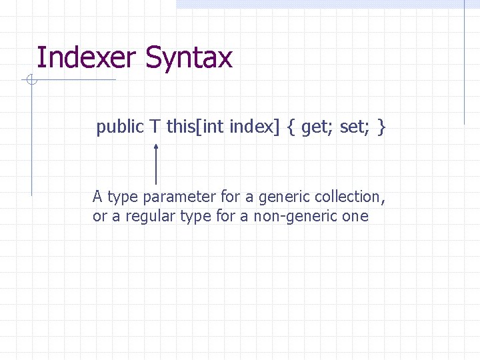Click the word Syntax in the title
(188, 59)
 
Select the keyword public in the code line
(120, 127)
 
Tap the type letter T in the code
(155, 127)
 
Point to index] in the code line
(255, 127)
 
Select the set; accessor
(354, 127)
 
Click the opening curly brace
(292, 127)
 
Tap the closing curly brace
(381, 127)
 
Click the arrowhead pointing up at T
(155, 145)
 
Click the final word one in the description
(355, 216)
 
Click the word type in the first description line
(123, 197)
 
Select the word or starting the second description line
(100, 216)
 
